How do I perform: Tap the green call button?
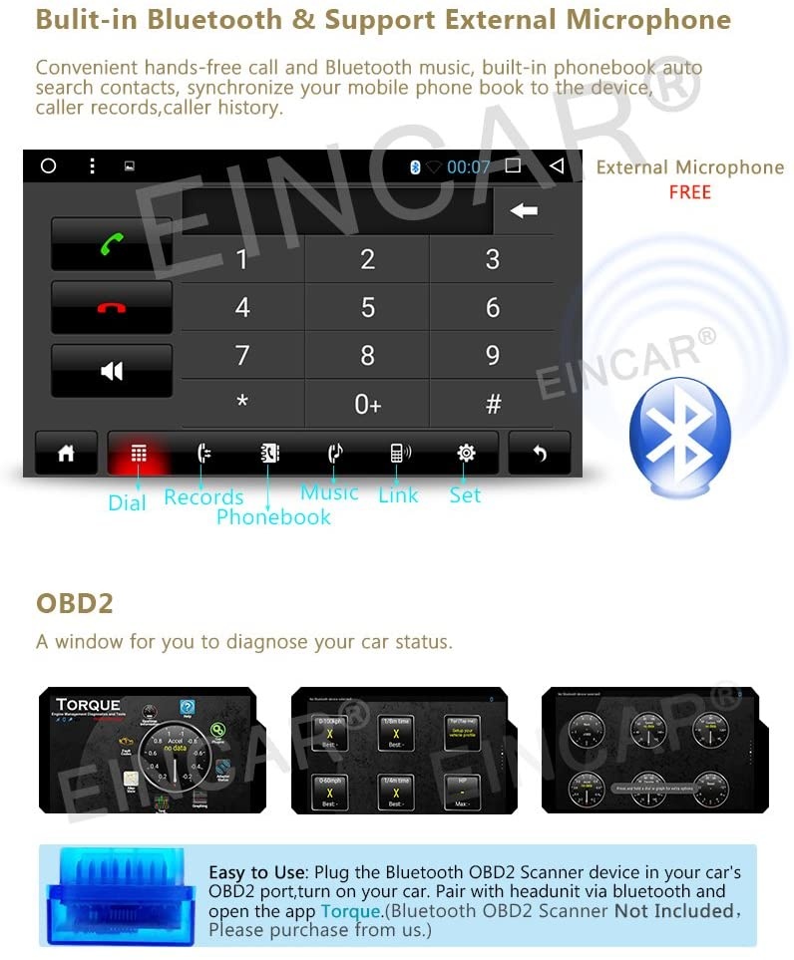(x=112, y=243)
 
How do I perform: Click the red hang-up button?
(x=112, y=307)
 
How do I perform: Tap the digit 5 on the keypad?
(x=367, y=307)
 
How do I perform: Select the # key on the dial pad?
(x=492, y=404)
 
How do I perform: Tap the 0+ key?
(x=367, y=404)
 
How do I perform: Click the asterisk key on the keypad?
(x=241, y=404)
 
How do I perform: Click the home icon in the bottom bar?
(x=66, y=454)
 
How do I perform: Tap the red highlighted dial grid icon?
(x=139, y=454)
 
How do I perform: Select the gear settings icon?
(x=466, y=454)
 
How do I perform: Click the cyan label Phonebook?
(x=273, y=516)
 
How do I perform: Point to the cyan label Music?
(x=329, y=492)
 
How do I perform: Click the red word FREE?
(x=689, y=192)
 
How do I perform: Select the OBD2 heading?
(x=75, y=603)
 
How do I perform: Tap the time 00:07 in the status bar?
(x=468, y=166)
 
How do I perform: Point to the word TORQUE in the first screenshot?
(x=88, y=705)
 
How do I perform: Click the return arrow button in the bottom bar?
(x=540, y=454)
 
